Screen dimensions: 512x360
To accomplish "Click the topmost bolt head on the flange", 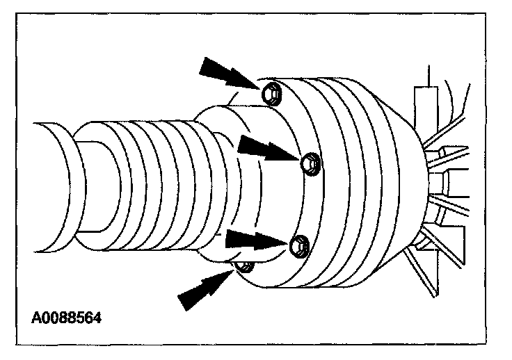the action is (273, 92).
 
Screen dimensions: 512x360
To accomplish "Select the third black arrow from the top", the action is (253, 240).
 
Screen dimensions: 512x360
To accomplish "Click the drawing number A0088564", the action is (67, 318).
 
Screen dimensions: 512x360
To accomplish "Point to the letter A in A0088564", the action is (36, 318).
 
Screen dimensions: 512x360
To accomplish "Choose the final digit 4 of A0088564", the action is (97, 318).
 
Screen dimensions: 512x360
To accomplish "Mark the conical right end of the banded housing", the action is (410, 181).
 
